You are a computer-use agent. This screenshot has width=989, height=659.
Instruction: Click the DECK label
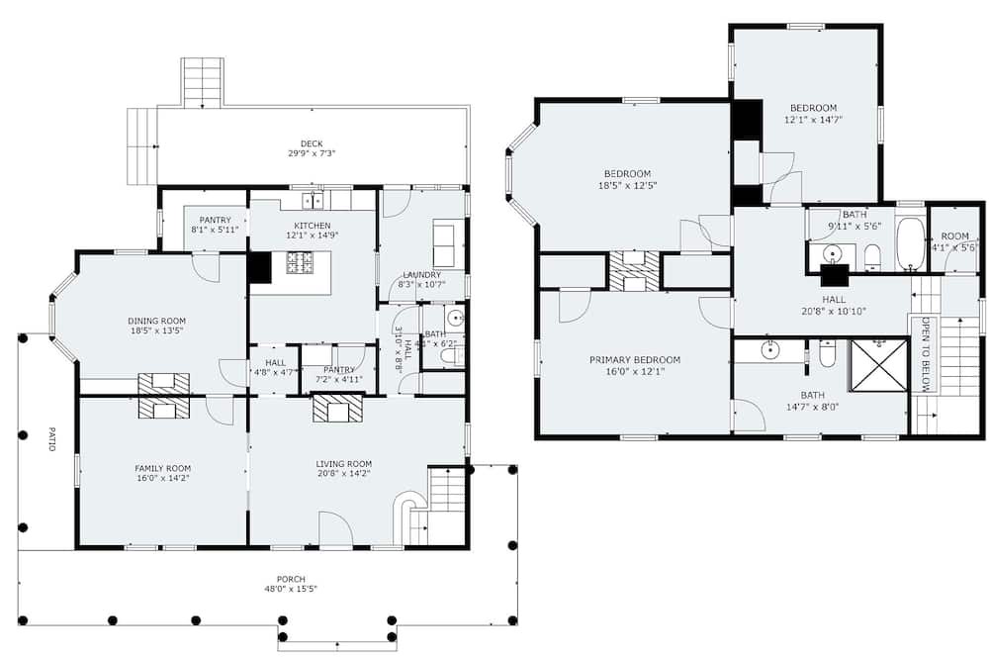[x=312, y=143]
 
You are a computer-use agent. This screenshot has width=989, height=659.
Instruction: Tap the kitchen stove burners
[x=301, y=262]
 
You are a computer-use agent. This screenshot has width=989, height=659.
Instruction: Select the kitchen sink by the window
[x=313, y=200]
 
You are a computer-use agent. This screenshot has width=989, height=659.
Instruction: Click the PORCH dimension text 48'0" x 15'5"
[x=291, y=589]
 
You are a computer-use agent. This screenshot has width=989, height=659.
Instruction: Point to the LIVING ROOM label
[x=344, y=464]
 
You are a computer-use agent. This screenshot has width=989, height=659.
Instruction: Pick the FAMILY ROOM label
[x=163, y=468]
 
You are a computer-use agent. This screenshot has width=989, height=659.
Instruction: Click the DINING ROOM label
[x=157, y=321]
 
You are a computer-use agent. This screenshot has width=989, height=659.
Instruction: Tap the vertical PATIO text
[x=51, y=438]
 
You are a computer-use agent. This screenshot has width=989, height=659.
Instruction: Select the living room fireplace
[x=338, y=408]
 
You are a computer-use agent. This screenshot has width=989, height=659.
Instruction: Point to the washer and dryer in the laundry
[x=444, y=243]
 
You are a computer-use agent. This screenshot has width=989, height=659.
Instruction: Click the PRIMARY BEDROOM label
[x=635, y=360]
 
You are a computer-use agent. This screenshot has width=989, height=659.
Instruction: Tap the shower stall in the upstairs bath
[x=877, y=365]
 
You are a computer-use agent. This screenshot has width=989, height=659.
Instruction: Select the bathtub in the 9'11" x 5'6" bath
[x=910, y=244]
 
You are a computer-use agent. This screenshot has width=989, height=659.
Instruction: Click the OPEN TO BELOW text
[x=926, y=353]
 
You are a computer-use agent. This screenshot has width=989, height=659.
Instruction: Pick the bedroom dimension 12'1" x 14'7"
[x=814, y=120]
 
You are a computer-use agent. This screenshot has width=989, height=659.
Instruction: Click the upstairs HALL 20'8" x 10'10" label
[x=834, y=306]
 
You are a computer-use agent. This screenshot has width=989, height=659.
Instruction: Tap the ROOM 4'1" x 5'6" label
[x=954, y=241]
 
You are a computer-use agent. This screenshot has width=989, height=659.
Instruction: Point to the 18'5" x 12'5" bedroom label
[x=628, y=179]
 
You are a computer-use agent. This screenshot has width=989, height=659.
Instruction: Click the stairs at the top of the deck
[x=203, y=82]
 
